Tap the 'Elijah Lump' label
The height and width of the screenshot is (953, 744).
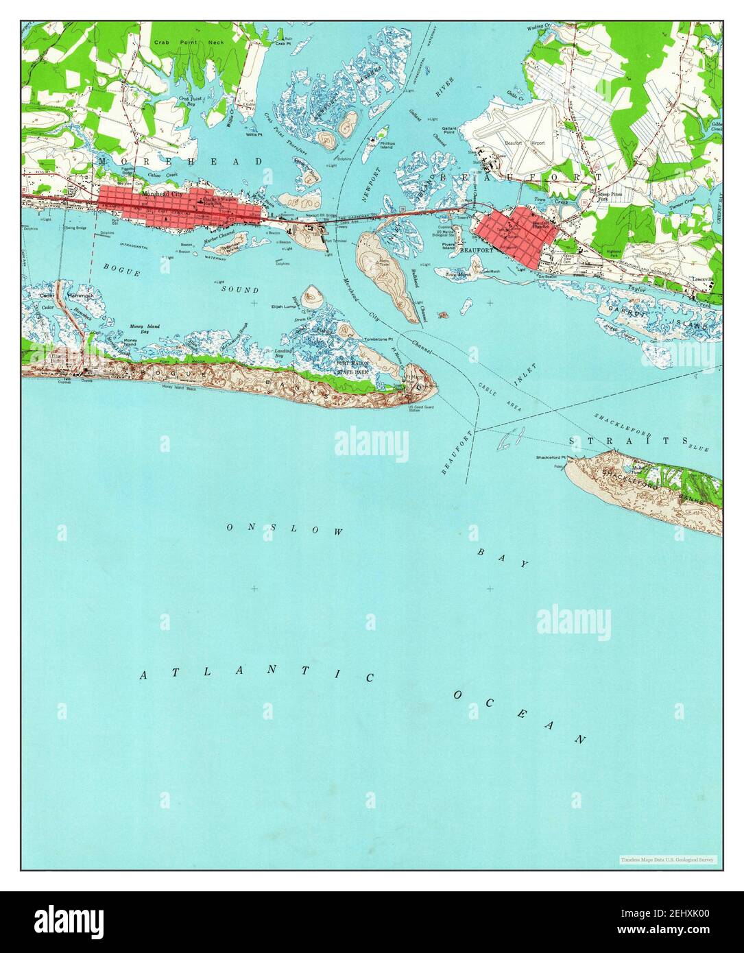coord(283,306)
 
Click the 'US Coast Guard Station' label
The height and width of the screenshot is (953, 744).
coord(418,409)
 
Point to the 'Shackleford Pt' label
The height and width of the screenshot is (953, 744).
coord(551,457)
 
